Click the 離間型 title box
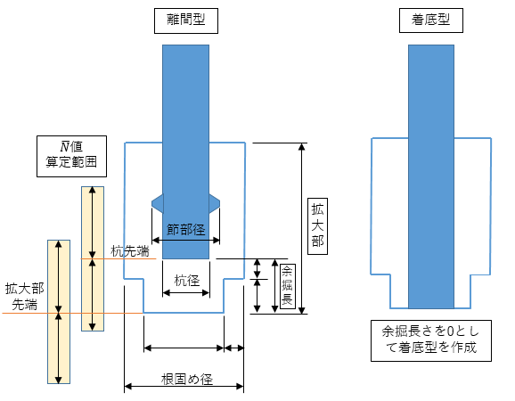click(186, 21)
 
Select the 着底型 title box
click(431, 20)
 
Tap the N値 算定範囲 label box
click(71, 156)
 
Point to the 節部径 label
click(186, 230)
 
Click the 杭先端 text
click(130, 251)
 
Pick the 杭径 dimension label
click(187, 281)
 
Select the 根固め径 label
click(187, 380)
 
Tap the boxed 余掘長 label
click(288, 286)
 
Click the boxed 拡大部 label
click(317, 226)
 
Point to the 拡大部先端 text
click(25, 297)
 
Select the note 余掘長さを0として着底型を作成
click(431, 340)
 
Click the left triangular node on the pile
click(158, 203)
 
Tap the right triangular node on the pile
click(214, 203)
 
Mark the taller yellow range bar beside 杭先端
click(93, 258)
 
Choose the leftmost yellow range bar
click(59, 312)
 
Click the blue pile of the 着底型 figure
click(431, 176)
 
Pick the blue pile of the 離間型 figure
click(185, 151)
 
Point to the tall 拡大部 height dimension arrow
click(302, 228)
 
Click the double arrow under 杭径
click(186, 292)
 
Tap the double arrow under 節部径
click(185, 240)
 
